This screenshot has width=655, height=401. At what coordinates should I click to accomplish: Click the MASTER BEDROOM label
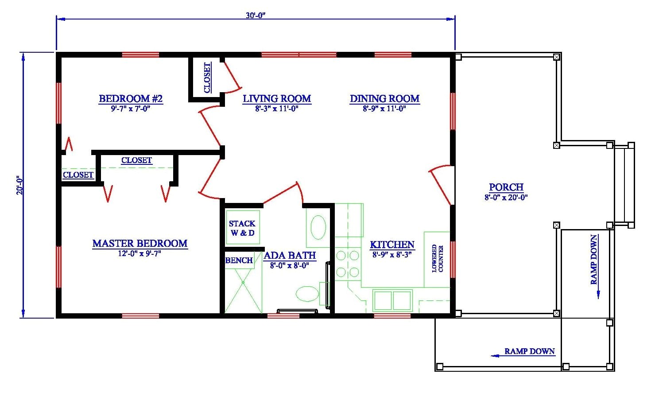[140, 243]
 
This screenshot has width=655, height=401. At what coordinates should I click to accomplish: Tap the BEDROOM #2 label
[131, 98]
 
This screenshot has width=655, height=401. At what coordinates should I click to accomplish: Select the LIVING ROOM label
[277, 98]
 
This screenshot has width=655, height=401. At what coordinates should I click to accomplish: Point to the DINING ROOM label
[384, 98]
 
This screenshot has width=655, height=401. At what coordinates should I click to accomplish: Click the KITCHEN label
[392, 245]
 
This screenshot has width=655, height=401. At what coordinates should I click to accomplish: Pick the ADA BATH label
[290, 255]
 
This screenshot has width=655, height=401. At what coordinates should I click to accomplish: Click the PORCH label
[506, 187]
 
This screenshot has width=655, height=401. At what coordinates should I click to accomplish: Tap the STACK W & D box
[241, 228]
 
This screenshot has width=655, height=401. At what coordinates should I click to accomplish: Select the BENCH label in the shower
[239, 261]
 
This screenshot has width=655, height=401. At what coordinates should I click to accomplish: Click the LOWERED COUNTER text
[438, 258]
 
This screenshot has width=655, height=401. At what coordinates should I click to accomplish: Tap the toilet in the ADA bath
[307, 293]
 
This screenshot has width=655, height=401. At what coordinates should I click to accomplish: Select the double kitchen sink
[392, 300]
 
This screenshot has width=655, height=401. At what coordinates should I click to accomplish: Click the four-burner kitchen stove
[348, 263]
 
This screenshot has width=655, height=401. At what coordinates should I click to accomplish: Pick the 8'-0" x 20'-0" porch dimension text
[506, 198]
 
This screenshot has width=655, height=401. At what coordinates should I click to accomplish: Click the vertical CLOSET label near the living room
[207, 78]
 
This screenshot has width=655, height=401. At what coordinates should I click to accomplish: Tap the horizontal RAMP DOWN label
[529, 351]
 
